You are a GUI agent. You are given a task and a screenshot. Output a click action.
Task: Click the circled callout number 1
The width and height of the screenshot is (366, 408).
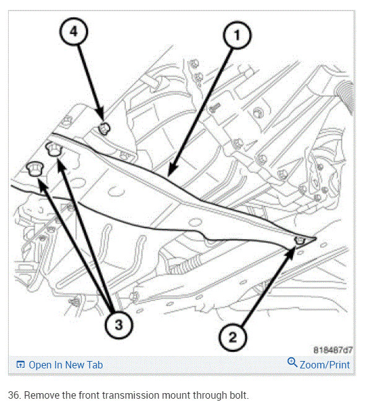[237, 35]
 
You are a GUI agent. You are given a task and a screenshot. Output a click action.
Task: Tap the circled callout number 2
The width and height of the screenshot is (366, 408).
[232, 338]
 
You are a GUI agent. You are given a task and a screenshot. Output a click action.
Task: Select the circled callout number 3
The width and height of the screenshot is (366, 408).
[119, 324]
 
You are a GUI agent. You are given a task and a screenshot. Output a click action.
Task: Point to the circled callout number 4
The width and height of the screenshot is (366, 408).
[74, 32]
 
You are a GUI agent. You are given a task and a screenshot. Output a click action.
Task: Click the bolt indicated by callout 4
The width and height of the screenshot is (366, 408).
[104, 129]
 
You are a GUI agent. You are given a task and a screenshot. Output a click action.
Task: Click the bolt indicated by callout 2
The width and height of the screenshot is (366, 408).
[300, 240]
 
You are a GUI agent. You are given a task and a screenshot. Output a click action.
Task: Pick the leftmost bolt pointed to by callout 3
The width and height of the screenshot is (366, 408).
[34, 168]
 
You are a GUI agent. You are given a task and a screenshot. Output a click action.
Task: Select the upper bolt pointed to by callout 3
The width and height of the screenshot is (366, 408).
[54, 149]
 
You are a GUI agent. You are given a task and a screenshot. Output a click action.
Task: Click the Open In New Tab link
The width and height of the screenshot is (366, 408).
[66, 365]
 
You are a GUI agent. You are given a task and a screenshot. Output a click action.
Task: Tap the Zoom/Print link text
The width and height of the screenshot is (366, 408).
[325, 365]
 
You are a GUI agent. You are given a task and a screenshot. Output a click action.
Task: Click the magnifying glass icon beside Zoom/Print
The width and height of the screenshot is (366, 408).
[292, 362]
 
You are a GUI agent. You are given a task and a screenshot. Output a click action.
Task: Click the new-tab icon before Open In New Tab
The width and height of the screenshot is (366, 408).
[20, 365]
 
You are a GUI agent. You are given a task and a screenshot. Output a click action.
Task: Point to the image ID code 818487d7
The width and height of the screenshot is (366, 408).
[333, 350]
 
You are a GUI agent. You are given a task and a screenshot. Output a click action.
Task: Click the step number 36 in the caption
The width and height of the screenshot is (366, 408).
[14, 395]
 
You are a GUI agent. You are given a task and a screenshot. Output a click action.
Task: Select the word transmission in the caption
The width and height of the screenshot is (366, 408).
[131, 395]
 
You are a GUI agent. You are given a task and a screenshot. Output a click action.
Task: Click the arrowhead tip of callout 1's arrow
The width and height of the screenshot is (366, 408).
[169, 176]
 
